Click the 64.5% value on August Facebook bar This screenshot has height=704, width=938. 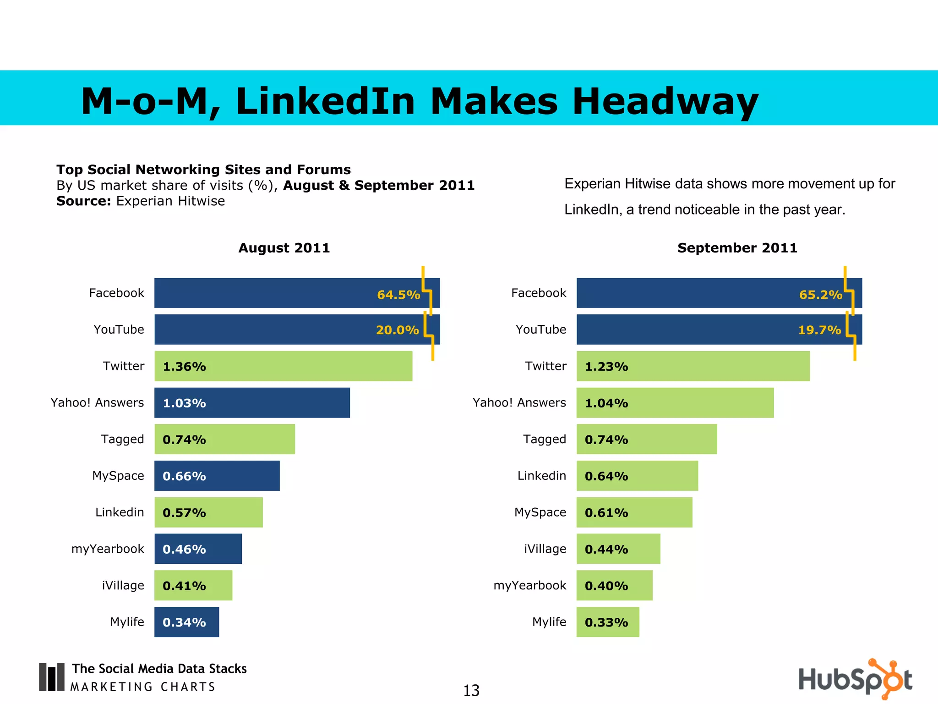pyautogui.click(x=398, y=295)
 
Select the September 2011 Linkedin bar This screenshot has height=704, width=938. pyautogui.click(x=637, y=476)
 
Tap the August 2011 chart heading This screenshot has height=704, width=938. pyautogui.click(x=284, y=248)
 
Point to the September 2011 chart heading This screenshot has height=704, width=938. pyautogui.click(x=737, y=248)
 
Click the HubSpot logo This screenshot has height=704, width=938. pyautogui.click(x=855, y=679)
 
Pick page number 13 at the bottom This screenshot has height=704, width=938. pyautogui.click(x=471, y=690)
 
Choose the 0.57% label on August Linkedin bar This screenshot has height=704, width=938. pyautogui.click(x=184, y=512)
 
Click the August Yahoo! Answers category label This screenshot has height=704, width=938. pyautogui.click(x=97, y=402)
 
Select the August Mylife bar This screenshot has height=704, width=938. pyautogui.click(x=186, y=622)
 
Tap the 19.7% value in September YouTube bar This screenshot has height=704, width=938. pyautogui.click(x=819, y=330)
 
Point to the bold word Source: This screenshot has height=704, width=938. pyautogui.click(x=83, y=201)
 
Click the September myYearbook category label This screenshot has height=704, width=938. pyautogui.click(x=529, y=585)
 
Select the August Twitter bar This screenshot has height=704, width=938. pyautogui.click(x=283, y=366)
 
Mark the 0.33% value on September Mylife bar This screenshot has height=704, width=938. pyautogui.click(x=606, y=622)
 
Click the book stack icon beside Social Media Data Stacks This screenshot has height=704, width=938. pyautogui.click(x=51, y=676)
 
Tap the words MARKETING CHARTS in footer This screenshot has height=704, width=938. pyautogui.click(x=143, y=687)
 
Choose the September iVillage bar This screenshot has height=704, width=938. pyautogui.click(x=618, y=549)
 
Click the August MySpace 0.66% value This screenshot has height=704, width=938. pyautogui.click(x=184, y=476)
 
